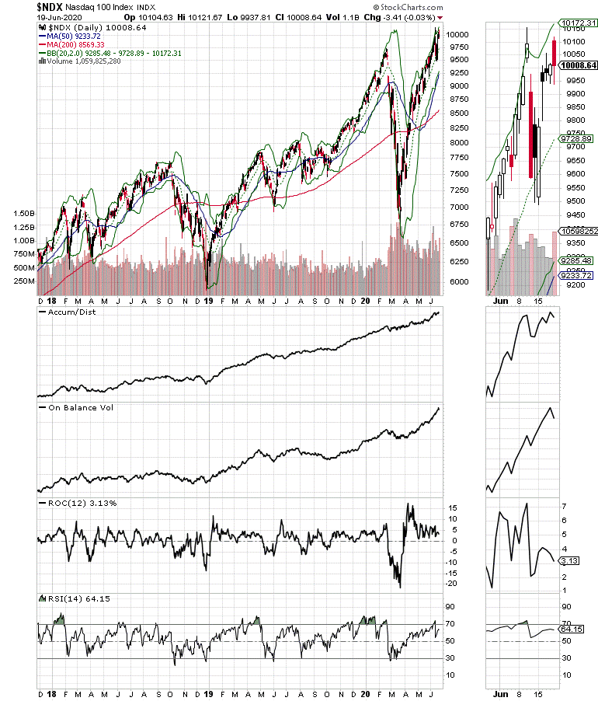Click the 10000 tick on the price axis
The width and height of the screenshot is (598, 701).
pos(457,35)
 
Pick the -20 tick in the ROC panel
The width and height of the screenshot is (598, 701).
pos(450,584)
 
